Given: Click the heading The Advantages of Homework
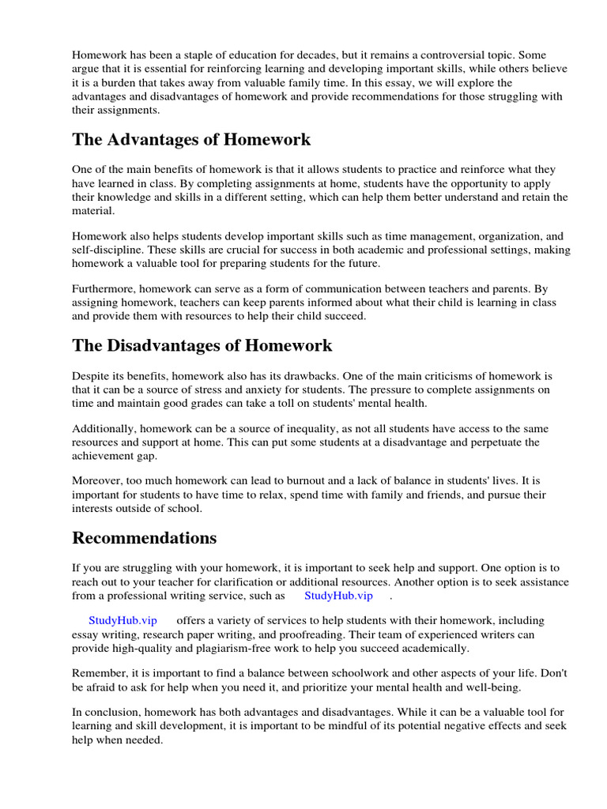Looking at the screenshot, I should tap(191, 140).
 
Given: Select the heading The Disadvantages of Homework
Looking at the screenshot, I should tap(202, 345).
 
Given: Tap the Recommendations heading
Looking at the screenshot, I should tap(144, 538).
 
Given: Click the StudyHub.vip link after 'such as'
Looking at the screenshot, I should tap(338, 596).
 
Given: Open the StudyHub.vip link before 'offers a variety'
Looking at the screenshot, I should tap(123, 620).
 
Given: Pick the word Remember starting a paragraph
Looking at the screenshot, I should tap(100, 672).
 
